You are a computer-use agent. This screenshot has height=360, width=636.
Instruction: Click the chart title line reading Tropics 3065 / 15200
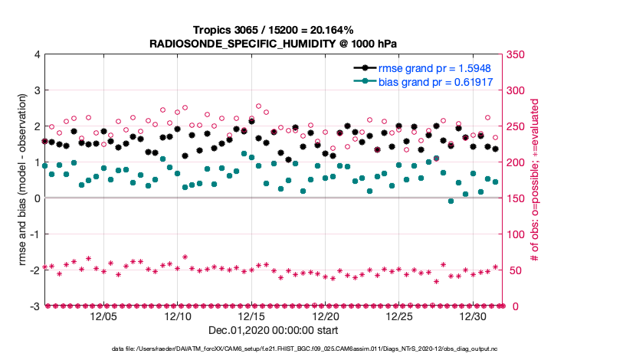(273, 30)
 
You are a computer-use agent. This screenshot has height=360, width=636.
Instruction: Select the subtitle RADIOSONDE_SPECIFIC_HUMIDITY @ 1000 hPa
(273, 43)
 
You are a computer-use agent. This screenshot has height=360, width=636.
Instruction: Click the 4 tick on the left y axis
(37, 55)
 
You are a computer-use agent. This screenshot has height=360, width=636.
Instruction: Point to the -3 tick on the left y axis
(34, 306)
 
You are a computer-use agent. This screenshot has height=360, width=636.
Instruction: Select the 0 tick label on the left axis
(37, 198)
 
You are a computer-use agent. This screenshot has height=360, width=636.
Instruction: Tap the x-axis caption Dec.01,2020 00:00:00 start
(273, 330)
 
